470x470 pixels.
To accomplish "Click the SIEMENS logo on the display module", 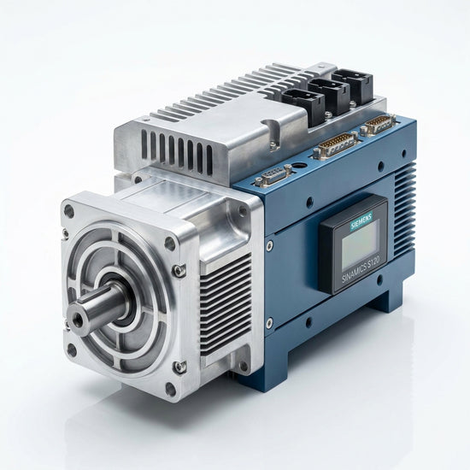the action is pyautogui.click(x=361, y=220).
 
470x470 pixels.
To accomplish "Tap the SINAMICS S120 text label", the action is pyautogui.click(x=361, y=270).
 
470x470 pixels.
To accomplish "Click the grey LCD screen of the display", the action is pyautogui.click(x=360, y=245).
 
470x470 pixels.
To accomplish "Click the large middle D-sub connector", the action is pyautogui.click(x=338, y=144).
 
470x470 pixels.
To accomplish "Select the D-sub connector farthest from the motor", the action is pyautogui.click(x=379, y=124).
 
